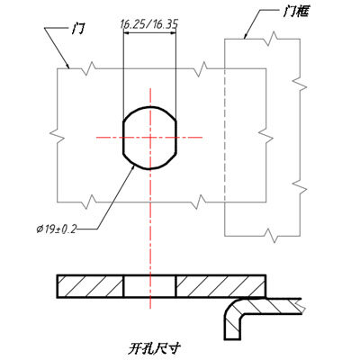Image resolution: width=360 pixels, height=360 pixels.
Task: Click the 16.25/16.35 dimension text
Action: [x=149, y=24]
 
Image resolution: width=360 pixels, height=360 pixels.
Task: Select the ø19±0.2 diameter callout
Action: [x=57, y=229]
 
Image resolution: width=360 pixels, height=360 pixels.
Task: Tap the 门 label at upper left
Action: [x=77, y=30]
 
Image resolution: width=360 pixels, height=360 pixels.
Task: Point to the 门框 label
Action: [x=295, y=12]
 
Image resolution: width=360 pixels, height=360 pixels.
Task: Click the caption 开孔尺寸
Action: [x=155, y=348]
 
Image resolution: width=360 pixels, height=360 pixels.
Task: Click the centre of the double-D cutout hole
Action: [x=149, y=138]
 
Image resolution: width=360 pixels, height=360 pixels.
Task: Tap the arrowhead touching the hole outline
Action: [x=132, y=168]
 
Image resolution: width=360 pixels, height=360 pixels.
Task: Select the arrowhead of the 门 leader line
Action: [x=67, y=65]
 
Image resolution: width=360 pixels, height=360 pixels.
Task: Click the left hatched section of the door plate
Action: [x=90, y=286]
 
